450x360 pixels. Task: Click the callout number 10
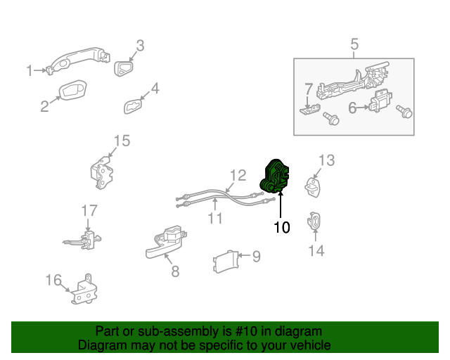[x=281, y=227]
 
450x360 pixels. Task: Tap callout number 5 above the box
[x=354, y=45]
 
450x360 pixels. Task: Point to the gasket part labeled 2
[x=72, y=91]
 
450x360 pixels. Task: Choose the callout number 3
[x=140, y=46]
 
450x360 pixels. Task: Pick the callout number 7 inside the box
[x=307, y=89]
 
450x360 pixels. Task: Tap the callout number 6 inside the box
[x=352, y=108]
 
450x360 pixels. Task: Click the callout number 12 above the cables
[x=238, y=175]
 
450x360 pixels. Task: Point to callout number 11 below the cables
[x=214, y=219]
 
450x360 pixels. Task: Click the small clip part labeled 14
[x=314, y=221]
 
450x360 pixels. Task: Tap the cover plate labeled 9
[x=223, y=262]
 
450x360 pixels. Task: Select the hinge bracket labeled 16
[x=84, y=292]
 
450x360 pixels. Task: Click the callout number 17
[x=89, y=210]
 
